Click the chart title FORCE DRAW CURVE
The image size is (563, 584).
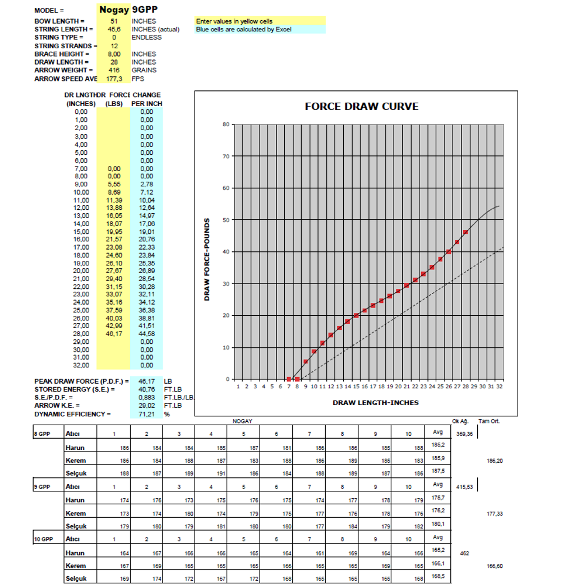tap(361, 107)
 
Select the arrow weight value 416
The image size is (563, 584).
tap(114, 70)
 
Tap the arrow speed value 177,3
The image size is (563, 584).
tap(114, 79)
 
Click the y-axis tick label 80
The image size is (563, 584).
tap(225, 124)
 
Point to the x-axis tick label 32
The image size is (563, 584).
tap(499, 387)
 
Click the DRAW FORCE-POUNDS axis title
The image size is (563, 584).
tap(207, 259)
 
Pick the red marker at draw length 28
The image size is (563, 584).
tap(465, 232)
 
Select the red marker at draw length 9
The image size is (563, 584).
tap(306, 361)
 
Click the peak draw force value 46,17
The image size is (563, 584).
tap(147, 381)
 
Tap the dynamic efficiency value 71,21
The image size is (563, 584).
tap(147, 414)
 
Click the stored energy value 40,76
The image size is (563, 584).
tap(147, 389)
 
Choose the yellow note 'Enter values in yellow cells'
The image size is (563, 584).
tap(234, 21)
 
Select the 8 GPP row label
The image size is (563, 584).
tap(43, 433)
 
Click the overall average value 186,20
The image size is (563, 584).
tap(495, 461)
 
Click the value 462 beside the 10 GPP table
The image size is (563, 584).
tap(464, 553)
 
